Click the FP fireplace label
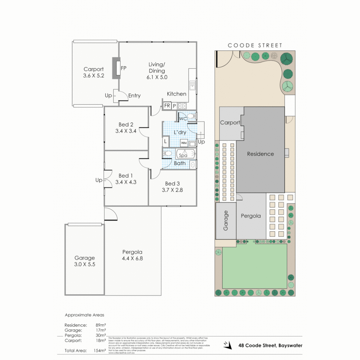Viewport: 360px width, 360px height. [x=124, y=68]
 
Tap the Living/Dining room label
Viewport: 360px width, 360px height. [x=157, y=67]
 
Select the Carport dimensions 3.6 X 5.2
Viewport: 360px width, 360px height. [x=94, y=76]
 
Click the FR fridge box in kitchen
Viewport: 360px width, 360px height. [x=167, y=106]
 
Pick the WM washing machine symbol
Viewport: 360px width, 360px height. [x=184, y=143]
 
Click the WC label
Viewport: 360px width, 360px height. [x=183, y=119]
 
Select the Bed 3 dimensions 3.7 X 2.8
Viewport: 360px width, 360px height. [x=172, y=190]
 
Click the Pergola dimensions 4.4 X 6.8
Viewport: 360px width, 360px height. [x=132, y=258]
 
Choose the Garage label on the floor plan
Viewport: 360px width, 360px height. [x=85, y=258]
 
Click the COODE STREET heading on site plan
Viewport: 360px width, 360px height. [x=255, y=45]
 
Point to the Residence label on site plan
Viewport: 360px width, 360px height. [x=260, y=154]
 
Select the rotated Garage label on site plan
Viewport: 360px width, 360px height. [x=226, y=221]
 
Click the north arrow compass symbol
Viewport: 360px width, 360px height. [x=228, y=346]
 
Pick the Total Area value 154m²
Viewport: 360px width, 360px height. [x=100, y=350]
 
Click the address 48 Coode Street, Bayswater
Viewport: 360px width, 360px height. [x=270, y=345]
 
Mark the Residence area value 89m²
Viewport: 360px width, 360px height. [x=100, y=325]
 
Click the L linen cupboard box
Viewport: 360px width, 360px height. [x=165, y=141]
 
